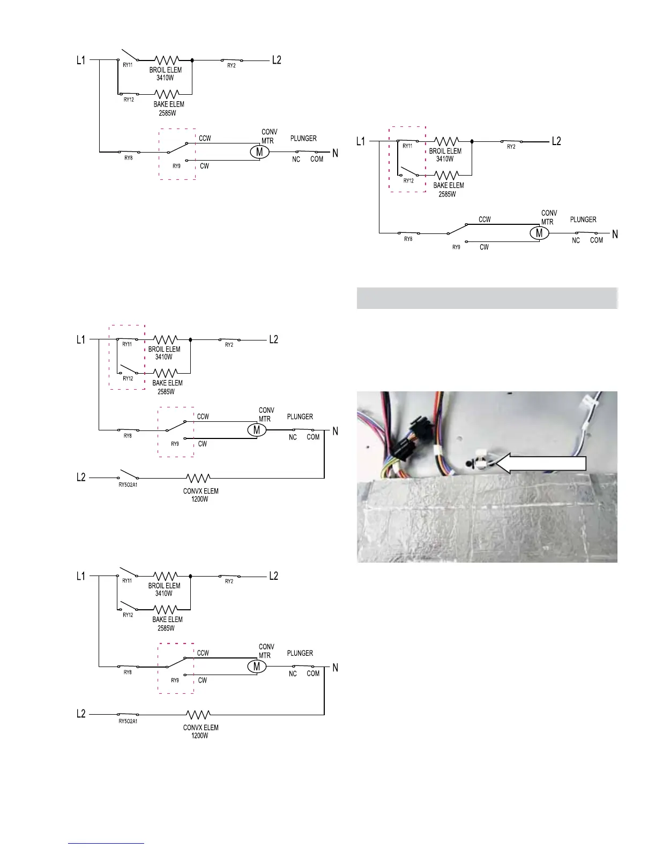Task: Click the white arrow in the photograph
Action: click(x=544, y=464)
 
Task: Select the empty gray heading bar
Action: click(x=487, y=298)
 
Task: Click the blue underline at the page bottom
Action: click(x=106, y=843)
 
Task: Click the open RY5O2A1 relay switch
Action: click(x=128, y=475)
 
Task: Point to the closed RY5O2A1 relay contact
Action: click(x=128, y=714)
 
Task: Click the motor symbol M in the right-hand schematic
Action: click(x=539, y=233)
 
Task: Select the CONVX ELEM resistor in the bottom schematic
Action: click(x=198, y=714)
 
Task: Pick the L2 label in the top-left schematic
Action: click(x=277, y=60)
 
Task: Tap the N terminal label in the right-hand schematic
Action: click(x=615, y=234)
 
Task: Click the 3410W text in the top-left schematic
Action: click(x=165, y=78)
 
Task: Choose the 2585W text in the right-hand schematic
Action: click(x=447, y=194)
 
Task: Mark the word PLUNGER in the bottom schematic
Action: click(x=300, y=653)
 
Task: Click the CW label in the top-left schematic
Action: click(x=204, y=166)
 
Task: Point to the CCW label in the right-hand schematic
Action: click(x=484, y=219)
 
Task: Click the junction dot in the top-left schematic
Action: click(x=192, y=60)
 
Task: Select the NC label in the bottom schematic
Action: click(x=293, y=673)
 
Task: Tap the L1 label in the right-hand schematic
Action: click(x=361, y=141)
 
